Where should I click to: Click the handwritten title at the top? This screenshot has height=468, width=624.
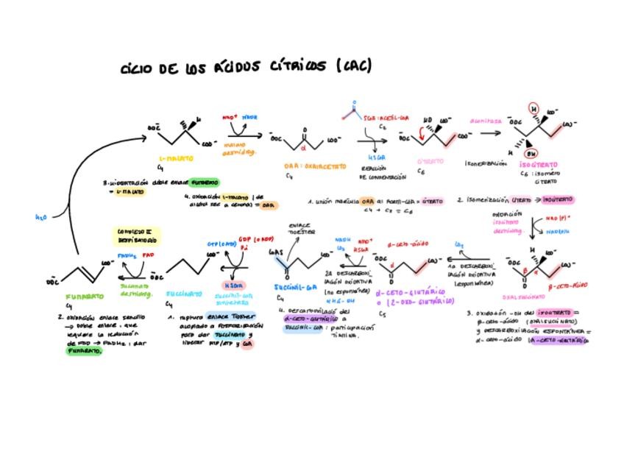click(246, 68)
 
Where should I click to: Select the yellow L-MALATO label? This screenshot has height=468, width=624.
click(176, 158)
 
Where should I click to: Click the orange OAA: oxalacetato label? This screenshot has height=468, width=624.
click(315, 167)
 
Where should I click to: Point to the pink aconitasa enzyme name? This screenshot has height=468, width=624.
click(486, 121)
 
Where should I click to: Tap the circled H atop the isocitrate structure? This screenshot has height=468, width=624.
click(535, 109)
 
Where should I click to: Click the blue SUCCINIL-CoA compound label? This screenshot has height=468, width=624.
click(295, 287)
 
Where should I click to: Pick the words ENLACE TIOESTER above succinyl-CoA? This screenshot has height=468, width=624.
click(300, 228)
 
